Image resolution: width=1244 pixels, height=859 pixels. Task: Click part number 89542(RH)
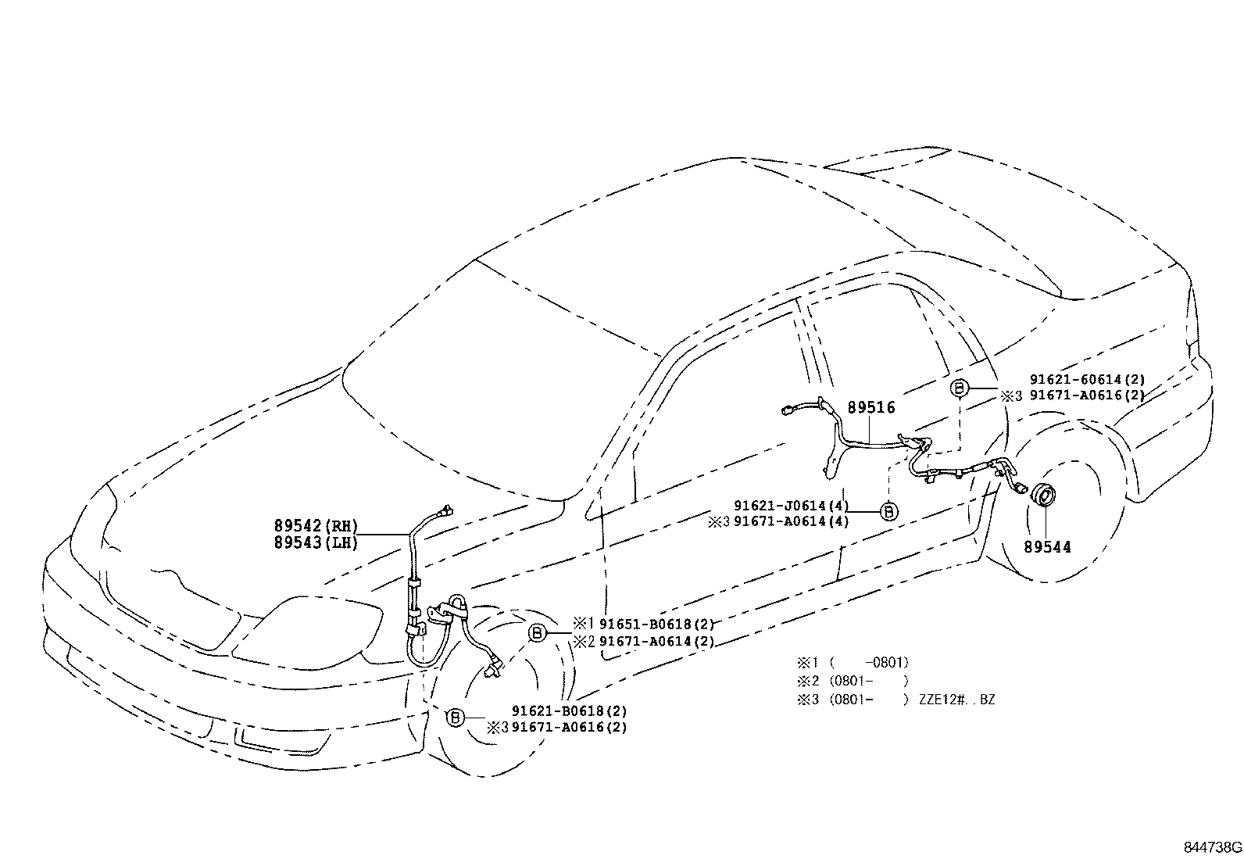(x=316, y=525)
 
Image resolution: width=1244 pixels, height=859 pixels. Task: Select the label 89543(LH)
(x=316, y=543)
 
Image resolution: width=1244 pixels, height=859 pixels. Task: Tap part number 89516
(x=871, y=408)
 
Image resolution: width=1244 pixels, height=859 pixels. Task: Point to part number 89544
(x=1047, y=547)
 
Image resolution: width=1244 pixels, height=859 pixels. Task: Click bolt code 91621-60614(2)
(x=1088, y=380)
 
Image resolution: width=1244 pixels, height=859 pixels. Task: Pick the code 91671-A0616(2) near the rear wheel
(x=1088, y=395)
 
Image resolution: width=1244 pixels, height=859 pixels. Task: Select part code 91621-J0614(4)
(x=792, y=506)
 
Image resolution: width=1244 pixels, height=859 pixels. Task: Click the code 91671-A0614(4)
(x=792, y=521)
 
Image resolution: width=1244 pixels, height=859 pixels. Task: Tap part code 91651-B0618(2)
(x=657, y=624)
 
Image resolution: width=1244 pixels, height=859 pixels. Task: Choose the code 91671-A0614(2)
(x=657, y=641)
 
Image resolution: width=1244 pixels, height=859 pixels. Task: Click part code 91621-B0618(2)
(x=569, y=710)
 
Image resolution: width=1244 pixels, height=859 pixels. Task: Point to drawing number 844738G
(x=1212, y=847)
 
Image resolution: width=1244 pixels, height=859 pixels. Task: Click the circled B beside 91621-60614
(x=959, y=388)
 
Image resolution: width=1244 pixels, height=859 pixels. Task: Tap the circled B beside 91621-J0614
(x=889, y=511)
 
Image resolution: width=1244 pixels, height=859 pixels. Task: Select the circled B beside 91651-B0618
(x=537, y=633)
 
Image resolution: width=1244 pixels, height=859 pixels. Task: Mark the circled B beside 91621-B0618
(x=455, y=718)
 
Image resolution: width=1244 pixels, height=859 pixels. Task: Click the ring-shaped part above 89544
(x=1043, y=496)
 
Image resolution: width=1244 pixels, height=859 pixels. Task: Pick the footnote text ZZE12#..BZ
(x=957, y=699)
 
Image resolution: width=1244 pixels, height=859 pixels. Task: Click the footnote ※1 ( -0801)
(x=853, y=662)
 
